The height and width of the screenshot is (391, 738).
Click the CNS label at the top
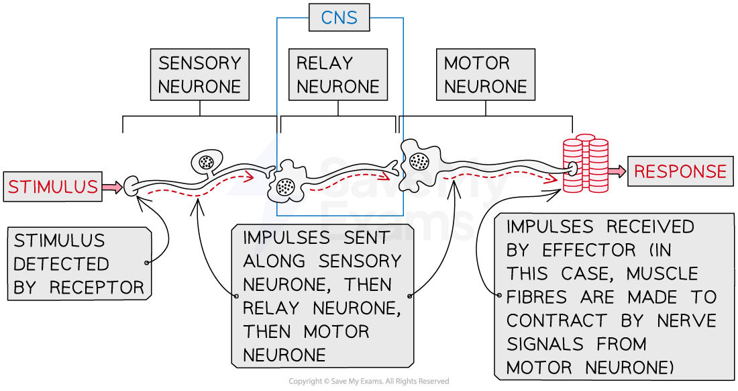(339, 18)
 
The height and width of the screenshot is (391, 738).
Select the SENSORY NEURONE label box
(199, 75)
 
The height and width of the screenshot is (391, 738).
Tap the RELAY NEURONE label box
(337, 75)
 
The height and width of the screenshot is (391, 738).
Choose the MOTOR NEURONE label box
(485, 75)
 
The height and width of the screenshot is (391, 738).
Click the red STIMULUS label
(53, 187)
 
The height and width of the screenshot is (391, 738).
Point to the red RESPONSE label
(680, 171)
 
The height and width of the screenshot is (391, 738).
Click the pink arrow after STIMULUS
(112, 187)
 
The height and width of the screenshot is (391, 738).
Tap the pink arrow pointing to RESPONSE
(617, 171)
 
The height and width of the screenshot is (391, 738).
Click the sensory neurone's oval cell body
(206, 161)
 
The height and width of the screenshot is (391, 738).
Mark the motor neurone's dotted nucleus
(419, 161)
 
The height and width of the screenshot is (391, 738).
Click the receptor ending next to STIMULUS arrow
(131, 187)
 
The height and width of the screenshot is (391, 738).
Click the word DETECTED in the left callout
(61, 264)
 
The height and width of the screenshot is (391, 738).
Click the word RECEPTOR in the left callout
(97, 288)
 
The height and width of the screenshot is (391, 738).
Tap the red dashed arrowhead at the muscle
(556, 179)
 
